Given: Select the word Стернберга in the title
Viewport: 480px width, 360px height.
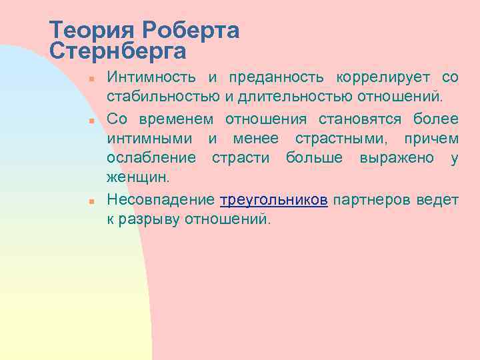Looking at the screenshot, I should point(118,51).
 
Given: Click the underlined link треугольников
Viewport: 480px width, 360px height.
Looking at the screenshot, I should point(273,200).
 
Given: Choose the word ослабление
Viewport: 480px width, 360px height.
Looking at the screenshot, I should point(151,159).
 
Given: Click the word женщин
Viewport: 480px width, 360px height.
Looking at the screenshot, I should point(138,179).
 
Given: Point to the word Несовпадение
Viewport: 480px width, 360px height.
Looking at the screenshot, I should point(160,200).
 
